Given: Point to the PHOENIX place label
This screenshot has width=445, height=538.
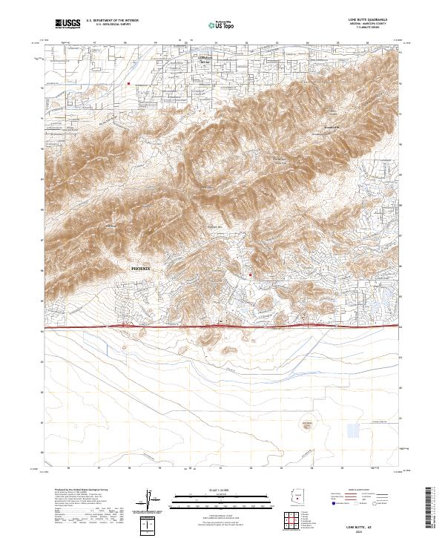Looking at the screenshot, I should [x=140, y=268].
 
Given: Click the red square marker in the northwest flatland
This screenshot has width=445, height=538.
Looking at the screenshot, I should [x=128, y=84].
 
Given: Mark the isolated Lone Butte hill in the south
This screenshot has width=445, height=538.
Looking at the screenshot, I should [x=306, y=425].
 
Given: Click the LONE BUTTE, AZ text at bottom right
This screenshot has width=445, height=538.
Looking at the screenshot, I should [x=379, y=524].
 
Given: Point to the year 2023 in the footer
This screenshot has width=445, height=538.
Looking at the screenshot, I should [x=379, y=529].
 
